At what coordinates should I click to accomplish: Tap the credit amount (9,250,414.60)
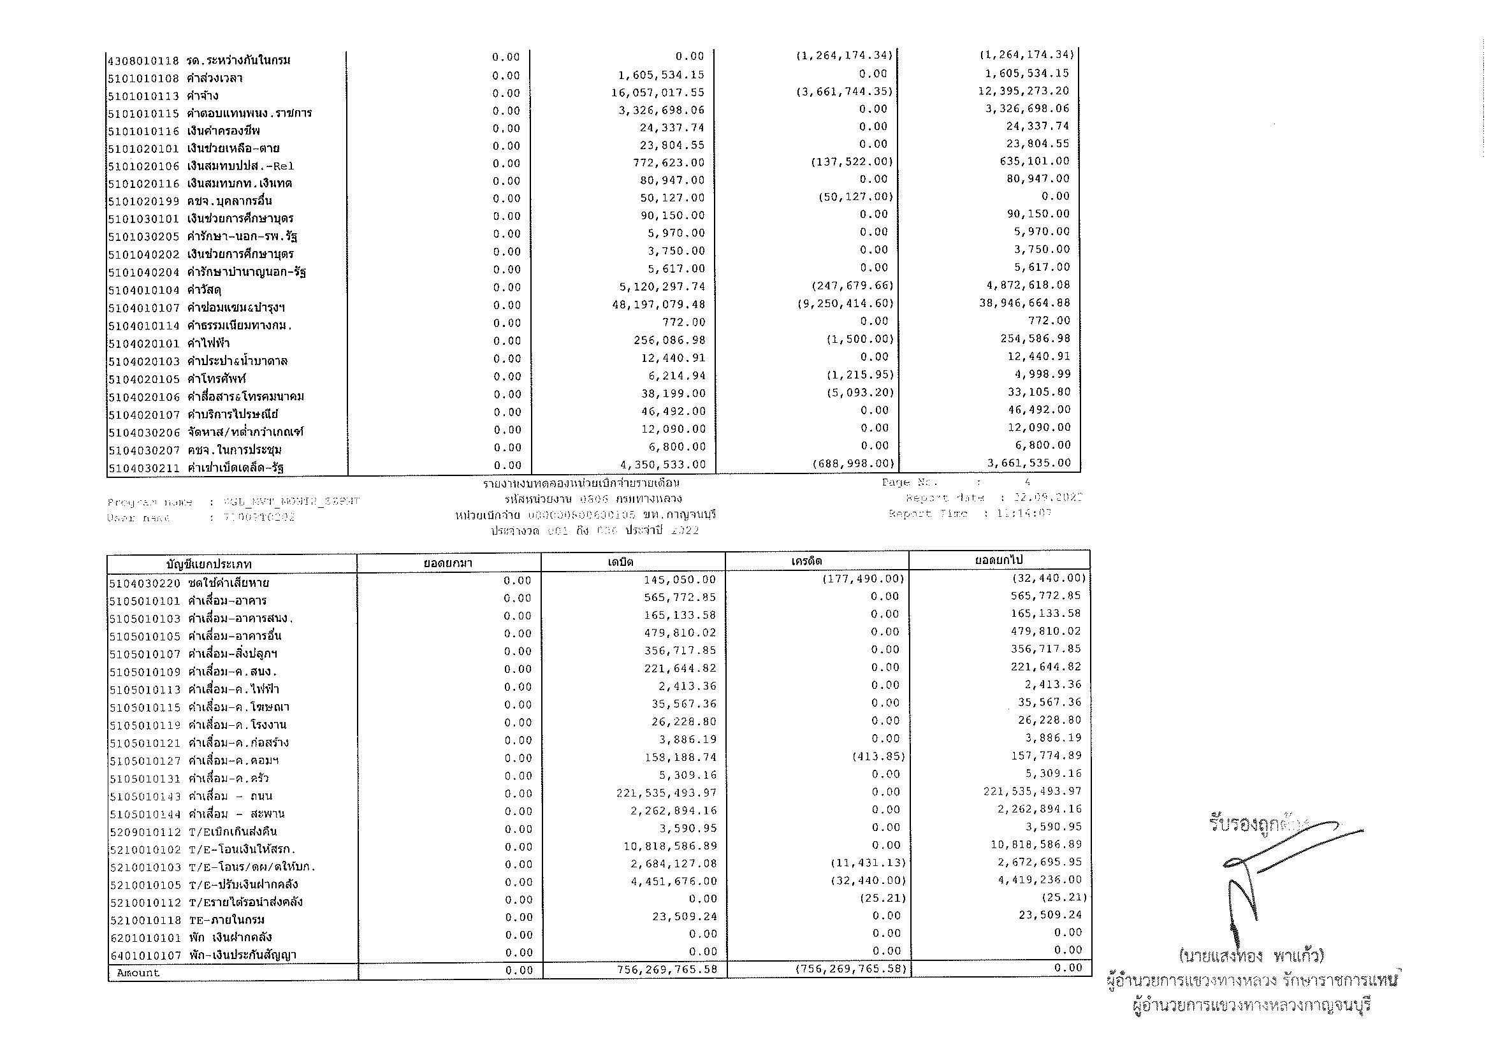tap(845, 303)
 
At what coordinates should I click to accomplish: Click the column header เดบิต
tap(621, 562)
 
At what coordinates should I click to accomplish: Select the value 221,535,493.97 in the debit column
tap(666, 794)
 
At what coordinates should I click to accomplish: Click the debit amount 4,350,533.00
tap(664, 465)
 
